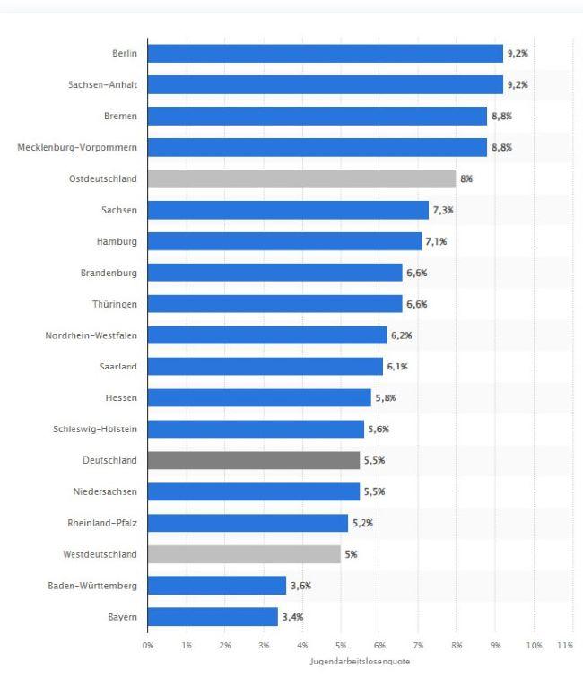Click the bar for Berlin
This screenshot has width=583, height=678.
coord(325,54)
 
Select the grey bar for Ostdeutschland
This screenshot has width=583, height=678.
coord(301,178)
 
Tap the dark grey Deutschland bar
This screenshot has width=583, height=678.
coord(254,460)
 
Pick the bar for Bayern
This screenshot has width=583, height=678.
coord(213,617)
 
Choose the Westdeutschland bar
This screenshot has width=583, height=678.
coord(244,554)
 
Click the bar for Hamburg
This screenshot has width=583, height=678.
coord(284,241)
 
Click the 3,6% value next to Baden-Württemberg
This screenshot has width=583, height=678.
coord(300,586)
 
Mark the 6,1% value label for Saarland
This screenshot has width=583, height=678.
coord(397,367)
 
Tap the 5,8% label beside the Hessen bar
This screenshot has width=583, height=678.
coord(386,398)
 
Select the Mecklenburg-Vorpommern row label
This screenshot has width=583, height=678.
coord(77,147)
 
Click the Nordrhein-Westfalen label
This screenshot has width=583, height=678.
coord(91,335)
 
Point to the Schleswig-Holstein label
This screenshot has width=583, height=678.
coord(95,430)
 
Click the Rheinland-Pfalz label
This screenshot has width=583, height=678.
coord(102,523)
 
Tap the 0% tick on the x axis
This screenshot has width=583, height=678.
coord(148,645)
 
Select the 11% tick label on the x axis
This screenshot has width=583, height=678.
coord(565,645)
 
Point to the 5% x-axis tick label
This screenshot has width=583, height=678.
coord(341,645)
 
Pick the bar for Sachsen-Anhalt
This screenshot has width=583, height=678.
coord(325,85)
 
